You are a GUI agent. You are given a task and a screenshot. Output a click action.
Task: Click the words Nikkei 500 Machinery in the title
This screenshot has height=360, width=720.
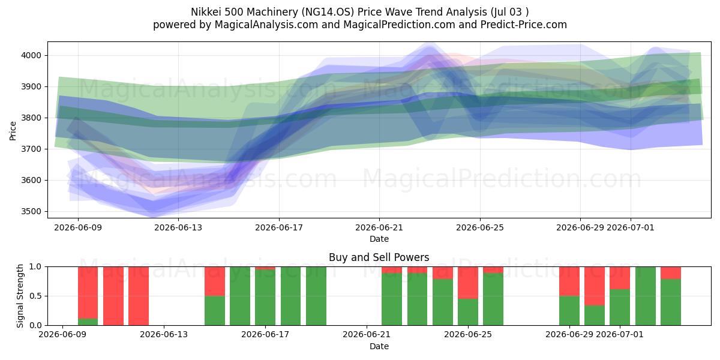click(x=245, y=12)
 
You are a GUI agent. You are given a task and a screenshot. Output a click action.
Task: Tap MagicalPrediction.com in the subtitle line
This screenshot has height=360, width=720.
click(x=399, y=25)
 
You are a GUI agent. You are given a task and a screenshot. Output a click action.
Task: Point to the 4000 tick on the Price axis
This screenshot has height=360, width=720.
click(x=31, y=56)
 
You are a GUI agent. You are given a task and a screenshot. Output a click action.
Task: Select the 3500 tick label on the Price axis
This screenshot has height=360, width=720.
click(x=31, y=211)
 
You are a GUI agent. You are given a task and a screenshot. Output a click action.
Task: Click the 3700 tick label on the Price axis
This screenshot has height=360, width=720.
click(x=31, y=149)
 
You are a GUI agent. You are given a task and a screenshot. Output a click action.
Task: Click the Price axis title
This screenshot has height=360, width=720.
click(x=13, y=131)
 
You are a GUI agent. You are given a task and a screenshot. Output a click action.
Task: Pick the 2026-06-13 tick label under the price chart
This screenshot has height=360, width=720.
click(x=178, y=227)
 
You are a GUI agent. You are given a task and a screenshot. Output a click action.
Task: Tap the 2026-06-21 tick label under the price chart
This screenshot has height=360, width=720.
click(x=379, y=227)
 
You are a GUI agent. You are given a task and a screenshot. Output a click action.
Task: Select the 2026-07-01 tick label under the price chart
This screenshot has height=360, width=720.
click(x=631, y=227)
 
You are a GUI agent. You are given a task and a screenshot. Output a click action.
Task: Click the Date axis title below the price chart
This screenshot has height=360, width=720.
click(x=379, y=239)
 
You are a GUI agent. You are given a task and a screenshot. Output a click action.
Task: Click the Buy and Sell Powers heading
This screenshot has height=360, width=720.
click(x=379, y=257)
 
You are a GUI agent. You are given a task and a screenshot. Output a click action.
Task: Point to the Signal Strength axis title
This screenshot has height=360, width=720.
click(x=20, y=296)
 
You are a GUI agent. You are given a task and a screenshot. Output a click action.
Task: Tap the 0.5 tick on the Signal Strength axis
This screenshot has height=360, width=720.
click(x=35, y=296)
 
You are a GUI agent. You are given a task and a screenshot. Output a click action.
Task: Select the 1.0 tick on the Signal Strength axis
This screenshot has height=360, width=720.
click(x=35, y=267)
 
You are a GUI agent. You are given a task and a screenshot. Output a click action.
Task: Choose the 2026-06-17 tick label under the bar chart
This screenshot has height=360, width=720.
click(x=265, y=335)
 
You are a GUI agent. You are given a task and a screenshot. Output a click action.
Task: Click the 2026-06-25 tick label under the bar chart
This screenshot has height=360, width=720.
click(x=468, y=335)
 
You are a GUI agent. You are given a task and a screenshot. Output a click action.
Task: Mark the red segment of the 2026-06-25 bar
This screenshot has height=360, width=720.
click(x=468, y=283)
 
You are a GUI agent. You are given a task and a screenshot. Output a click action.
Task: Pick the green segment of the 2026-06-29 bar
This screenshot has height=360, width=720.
click(x=569, y=311)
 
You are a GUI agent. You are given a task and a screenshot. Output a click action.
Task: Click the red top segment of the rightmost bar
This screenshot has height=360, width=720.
click(x=671, y=273)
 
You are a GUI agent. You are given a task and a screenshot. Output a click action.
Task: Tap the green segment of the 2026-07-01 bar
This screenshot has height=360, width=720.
click(x=620, y=307)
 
